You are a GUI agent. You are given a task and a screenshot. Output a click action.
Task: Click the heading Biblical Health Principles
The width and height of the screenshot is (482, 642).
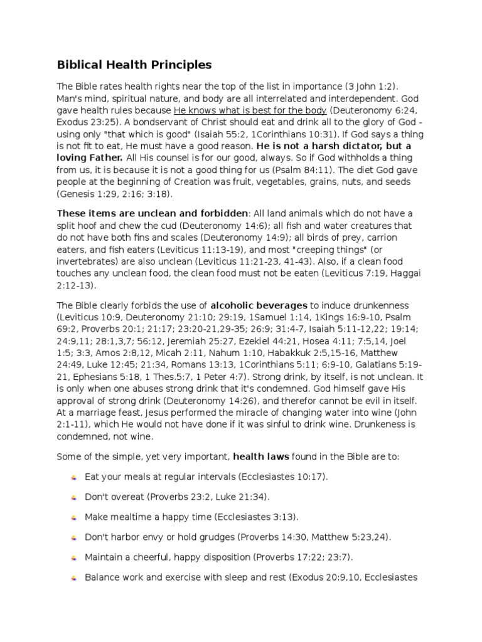tap(134, 65)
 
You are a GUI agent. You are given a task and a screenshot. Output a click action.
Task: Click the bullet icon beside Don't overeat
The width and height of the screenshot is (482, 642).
tap(74, 498)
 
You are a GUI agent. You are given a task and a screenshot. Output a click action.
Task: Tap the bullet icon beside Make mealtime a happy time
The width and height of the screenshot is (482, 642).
tap(74, 518)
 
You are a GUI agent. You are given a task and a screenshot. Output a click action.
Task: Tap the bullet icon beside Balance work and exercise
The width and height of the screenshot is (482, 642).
tap(74, 578)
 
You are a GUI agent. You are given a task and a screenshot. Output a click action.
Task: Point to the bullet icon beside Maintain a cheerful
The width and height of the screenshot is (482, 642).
tap(74, 558)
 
